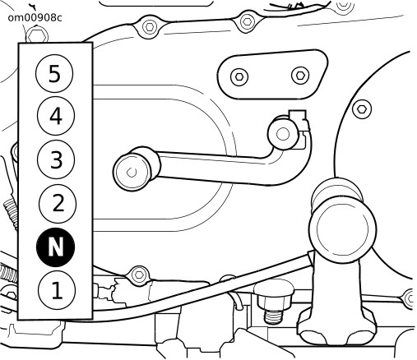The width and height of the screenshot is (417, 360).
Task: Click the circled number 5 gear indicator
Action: [54, 73]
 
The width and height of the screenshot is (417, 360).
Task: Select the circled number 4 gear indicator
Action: [56, 116]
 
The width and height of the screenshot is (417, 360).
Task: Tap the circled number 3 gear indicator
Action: [56, 159]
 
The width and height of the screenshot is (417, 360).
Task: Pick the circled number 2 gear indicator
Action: [58, 204]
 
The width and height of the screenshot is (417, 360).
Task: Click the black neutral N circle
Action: [55, 247]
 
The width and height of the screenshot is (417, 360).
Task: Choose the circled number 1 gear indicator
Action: [57, 290]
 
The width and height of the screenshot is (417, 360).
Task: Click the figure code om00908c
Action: [35, 18]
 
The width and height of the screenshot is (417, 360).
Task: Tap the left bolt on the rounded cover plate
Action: [239, 76]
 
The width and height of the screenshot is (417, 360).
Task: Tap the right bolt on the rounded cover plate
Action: [300, 75]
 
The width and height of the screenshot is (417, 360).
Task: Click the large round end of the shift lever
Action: [132, 172]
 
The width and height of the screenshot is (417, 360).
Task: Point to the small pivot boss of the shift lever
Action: [282, 134]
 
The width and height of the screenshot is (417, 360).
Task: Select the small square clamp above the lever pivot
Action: [298, 116]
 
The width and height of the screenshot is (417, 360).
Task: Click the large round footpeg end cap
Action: [342, 228]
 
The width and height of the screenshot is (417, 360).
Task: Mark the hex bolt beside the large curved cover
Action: [362, 109]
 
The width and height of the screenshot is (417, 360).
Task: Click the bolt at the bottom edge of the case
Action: [139, 275]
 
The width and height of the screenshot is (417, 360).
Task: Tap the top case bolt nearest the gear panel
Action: [149, 27]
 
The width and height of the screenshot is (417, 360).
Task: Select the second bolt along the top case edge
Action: [247, 21]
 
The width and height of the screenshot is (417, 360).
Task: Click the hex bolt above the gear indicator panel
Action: [37, 35]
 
